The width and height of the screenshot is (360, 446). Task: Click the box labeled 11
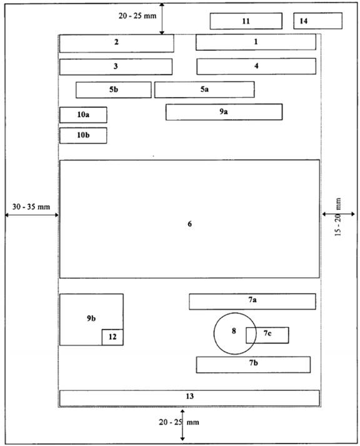(x=246, y=21)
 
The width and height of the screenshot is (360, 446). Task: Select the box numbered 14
(x=317, y=21)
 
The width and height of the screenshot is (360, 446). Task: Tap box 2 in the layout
(x=116, y=43)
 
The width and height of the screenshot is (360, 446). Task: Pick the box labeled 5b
(x=113, y=90)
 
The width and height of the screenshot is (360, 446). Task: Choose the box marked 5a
(x=204, y=89)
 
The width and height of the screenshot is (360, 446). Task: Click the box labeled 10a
(x=83, y=115)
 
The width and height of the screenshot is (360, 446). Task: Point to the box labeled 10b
(x=83, y=135)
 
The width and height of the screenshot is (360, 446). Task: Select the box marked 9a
(x=224, y=112)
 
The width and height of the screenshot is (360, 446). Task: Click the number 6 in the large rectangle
(x=189, y=224)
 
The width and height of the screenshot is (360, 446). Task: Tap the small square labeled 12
(x=112, y=337)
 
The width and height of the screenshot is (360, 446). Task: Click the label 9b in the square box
(x=91, y=318)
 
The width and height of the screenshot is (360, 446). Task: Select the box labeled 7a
(x=252, y=302)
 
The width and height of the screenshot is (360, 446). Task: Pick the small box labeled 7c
(x=267, y=335)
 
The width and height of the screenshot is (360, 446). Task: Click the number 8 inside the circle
(x=234, y=331)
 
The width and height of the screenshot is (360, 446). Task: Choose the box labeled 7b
(x=253, y=365)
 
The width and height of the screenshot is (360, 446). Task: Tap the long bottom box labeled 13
(x=189, y=398)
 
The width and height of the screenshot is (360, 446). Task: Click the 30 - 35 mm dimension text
(x=31, y=207)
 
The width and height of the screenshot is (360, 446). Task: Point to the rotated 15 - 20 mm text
(x=338, y=217)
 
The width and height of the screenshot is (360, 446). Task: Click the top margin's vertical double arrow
(x=162, y=19)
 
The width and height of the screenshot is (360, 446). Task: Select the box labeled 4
(x=256, y=66)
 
